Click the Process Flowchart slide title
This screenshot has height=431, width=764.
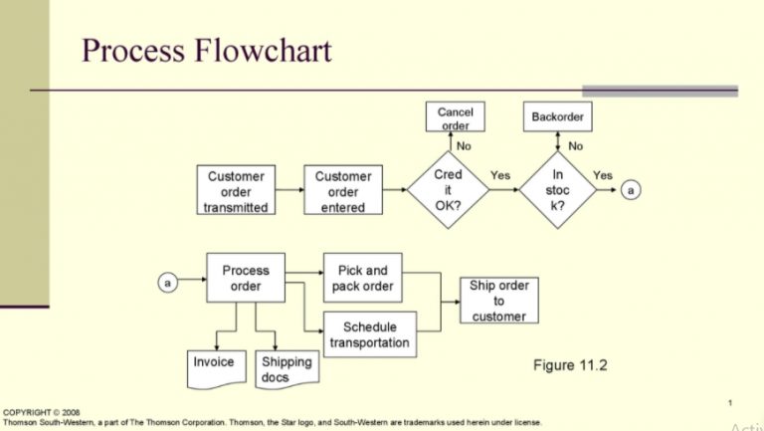206,51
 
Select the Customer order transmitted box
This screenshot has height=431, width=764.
236,191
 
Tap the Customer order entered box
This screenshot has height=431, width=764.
343,191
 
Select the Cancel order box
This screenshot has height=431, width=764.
455,117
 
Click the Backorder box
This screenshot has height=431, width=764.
557,117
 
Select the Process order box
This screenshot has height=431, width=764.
246,278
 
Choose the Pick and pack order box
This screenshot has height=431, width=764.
362,278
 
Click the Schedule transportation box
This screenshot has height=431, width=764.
369,334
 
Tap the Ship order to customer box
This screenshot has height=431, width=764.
498,300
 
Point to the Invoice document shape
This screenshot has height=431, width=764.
214,364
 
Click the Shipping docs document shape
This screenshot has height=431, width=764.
286,368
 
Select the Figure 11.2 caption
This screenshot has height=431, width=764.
570,365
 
